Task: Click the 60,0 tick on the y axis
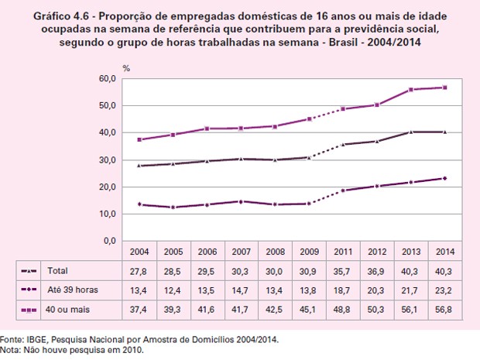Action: tap(106, 79)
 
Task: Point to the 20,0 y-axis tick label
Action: tap(106, 187)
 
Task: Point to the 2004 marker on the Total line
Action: tap(139, 166)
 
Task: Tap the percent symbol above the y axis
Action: tap(126, 70)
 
